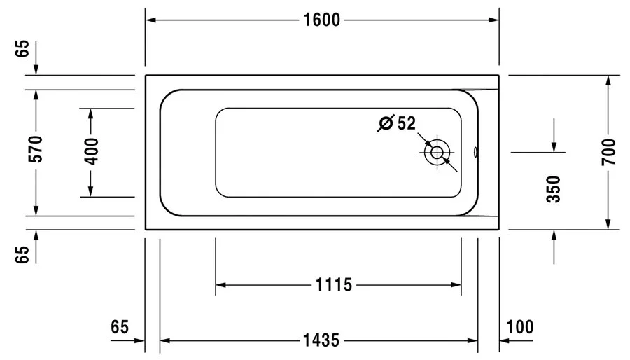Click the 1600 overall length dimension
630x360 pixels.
[321, 20]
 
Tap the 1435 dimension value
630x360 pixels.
[321, 341]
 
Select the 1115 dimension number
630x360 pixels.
[332, 285]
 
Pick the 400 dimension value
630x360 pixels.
[91, 151]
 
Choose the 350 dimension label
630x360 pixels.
[554, 189]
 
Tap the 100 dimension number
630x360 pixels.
[519, 327]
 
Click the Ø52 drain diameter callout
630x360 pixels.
[396, 123]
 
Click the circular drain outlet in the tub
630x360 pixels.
[437, 152]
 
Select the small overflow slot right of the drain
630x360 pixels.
[475, 151]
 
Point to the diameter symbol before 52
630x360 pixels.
[385, 124]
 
